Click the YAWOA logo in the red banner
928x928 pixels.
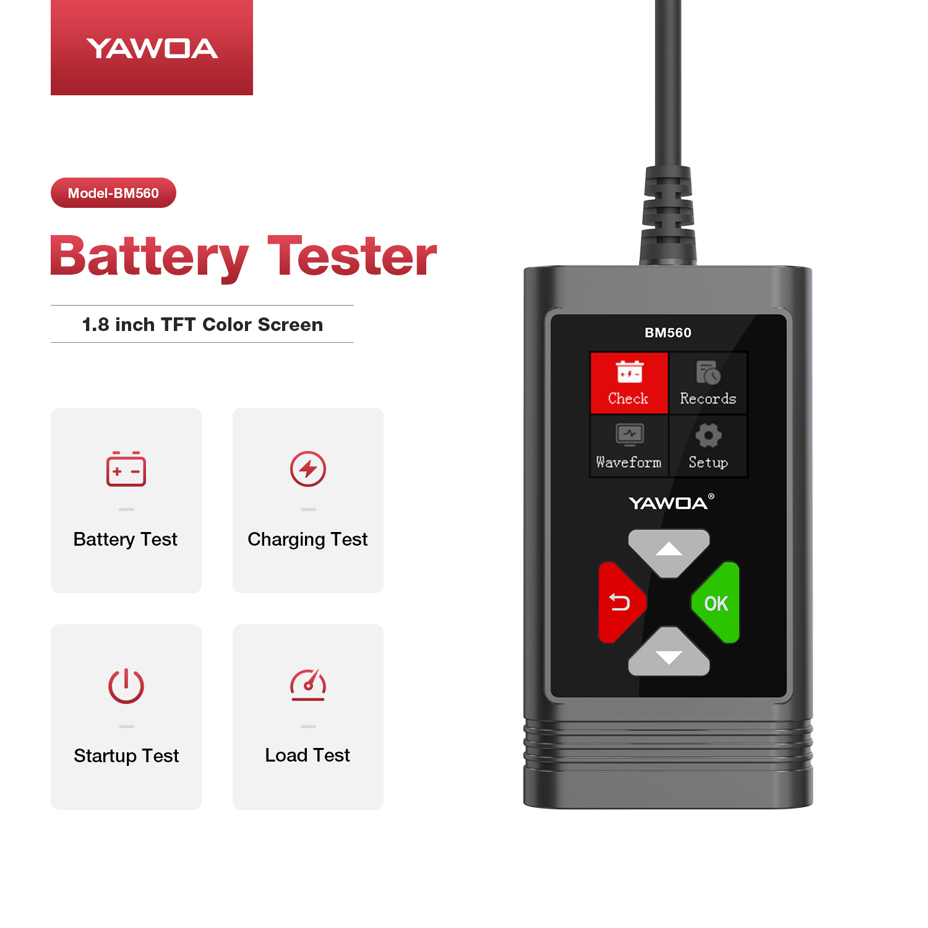(152, 48)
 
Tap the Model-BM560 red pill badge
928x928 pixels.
(113, 193)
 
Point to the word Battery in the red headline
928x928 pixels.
(149, 258)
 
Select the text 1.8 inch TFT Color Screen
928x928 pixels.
(202, 324)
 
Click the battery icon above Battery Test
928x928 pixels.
(126, 469)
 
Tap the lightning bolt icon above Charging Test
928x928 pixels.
(308, 469)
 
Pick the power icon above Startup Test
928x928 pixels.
(126, 686)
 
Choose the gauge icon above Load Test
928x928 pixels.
(308, 685)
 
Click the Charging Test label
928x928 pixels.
(307, 539)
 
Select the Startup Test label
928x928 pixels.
(126, 756)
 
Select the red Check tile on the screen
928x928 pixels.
(629, 383)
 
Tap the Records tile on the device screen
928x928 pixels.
(708, 383)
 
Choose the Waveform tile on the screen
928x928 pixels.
(629, 446)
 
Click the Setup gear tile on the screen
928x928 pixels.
(708, 446)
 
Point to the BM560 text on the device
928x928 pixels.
(668, 333)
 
